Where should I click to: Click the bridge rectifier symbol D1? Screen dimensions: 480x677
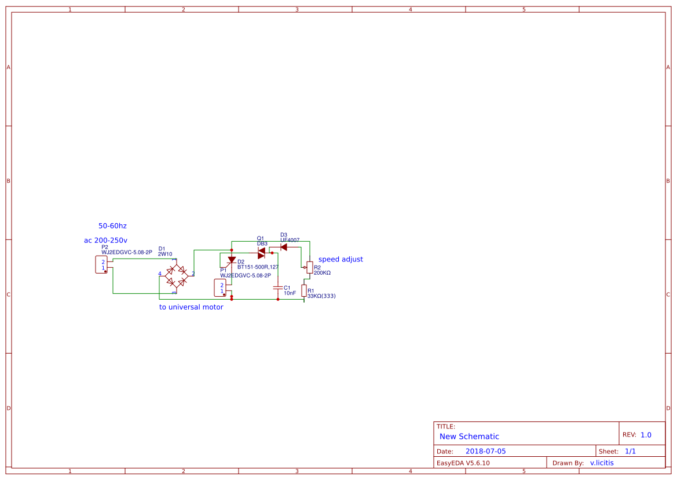tap(177, 276)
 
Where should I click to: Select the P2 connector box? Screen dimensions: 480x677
tap(102, 266)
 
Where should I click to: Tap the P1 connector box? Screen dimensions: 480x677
tap(220, 288)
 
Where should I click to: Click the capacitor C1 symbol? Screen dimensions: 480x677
tap(278, 288)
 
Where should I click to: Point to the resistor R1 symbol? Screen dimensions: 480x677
tap(304, 290)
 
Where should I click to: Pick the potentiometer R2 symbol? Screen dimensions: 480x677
tap(310, 267)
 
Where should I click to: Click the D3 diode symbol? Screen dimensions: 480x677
tap(283, 247)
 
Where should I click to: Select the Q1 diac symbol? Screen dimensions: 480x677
tap(262, 253)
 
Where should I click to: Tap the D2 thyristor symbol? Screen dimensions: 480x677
tap(232, 260)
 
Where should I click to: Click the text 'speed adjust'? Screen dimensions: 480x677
tap(341, 259)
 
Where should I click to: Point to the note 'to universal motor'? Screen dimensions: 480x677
tap(191, 307)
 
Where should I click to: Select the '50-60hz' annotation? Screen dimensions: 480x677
tap(112, 226)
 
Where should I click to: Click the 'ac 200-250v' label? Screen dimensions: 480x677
tap(106, 240)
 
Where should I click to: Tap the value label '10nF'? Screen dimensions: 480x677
tap(290, 293)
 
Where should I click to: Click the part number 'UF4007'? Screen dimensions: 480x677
tap(290, 239)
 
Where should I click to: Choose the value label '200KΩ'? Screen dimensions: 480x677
tap(322, 272)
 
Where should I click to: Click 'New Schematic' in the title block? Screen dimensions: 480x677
tap(469, 437)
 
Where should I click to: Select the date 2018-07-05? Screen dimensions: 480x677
tap(485, 451)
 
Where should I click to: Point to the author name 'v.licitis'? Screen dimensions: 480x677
tap(602, 463)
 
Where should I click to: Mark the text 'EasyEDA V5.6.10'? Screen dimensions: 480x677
tap(463, 463)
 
